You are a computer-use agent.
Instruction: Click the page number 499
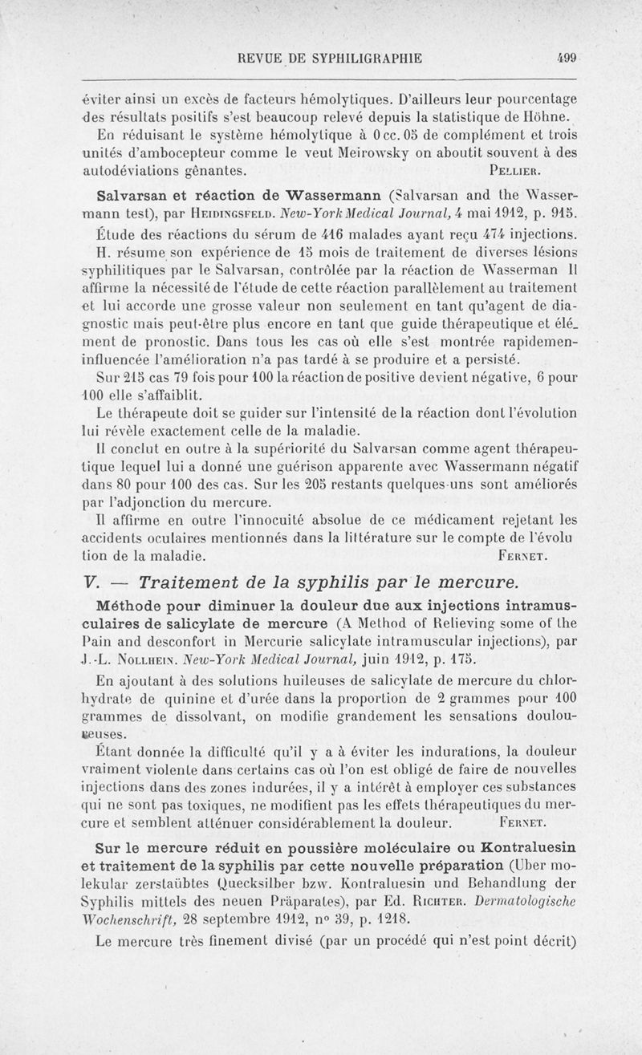pos(567,57)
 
